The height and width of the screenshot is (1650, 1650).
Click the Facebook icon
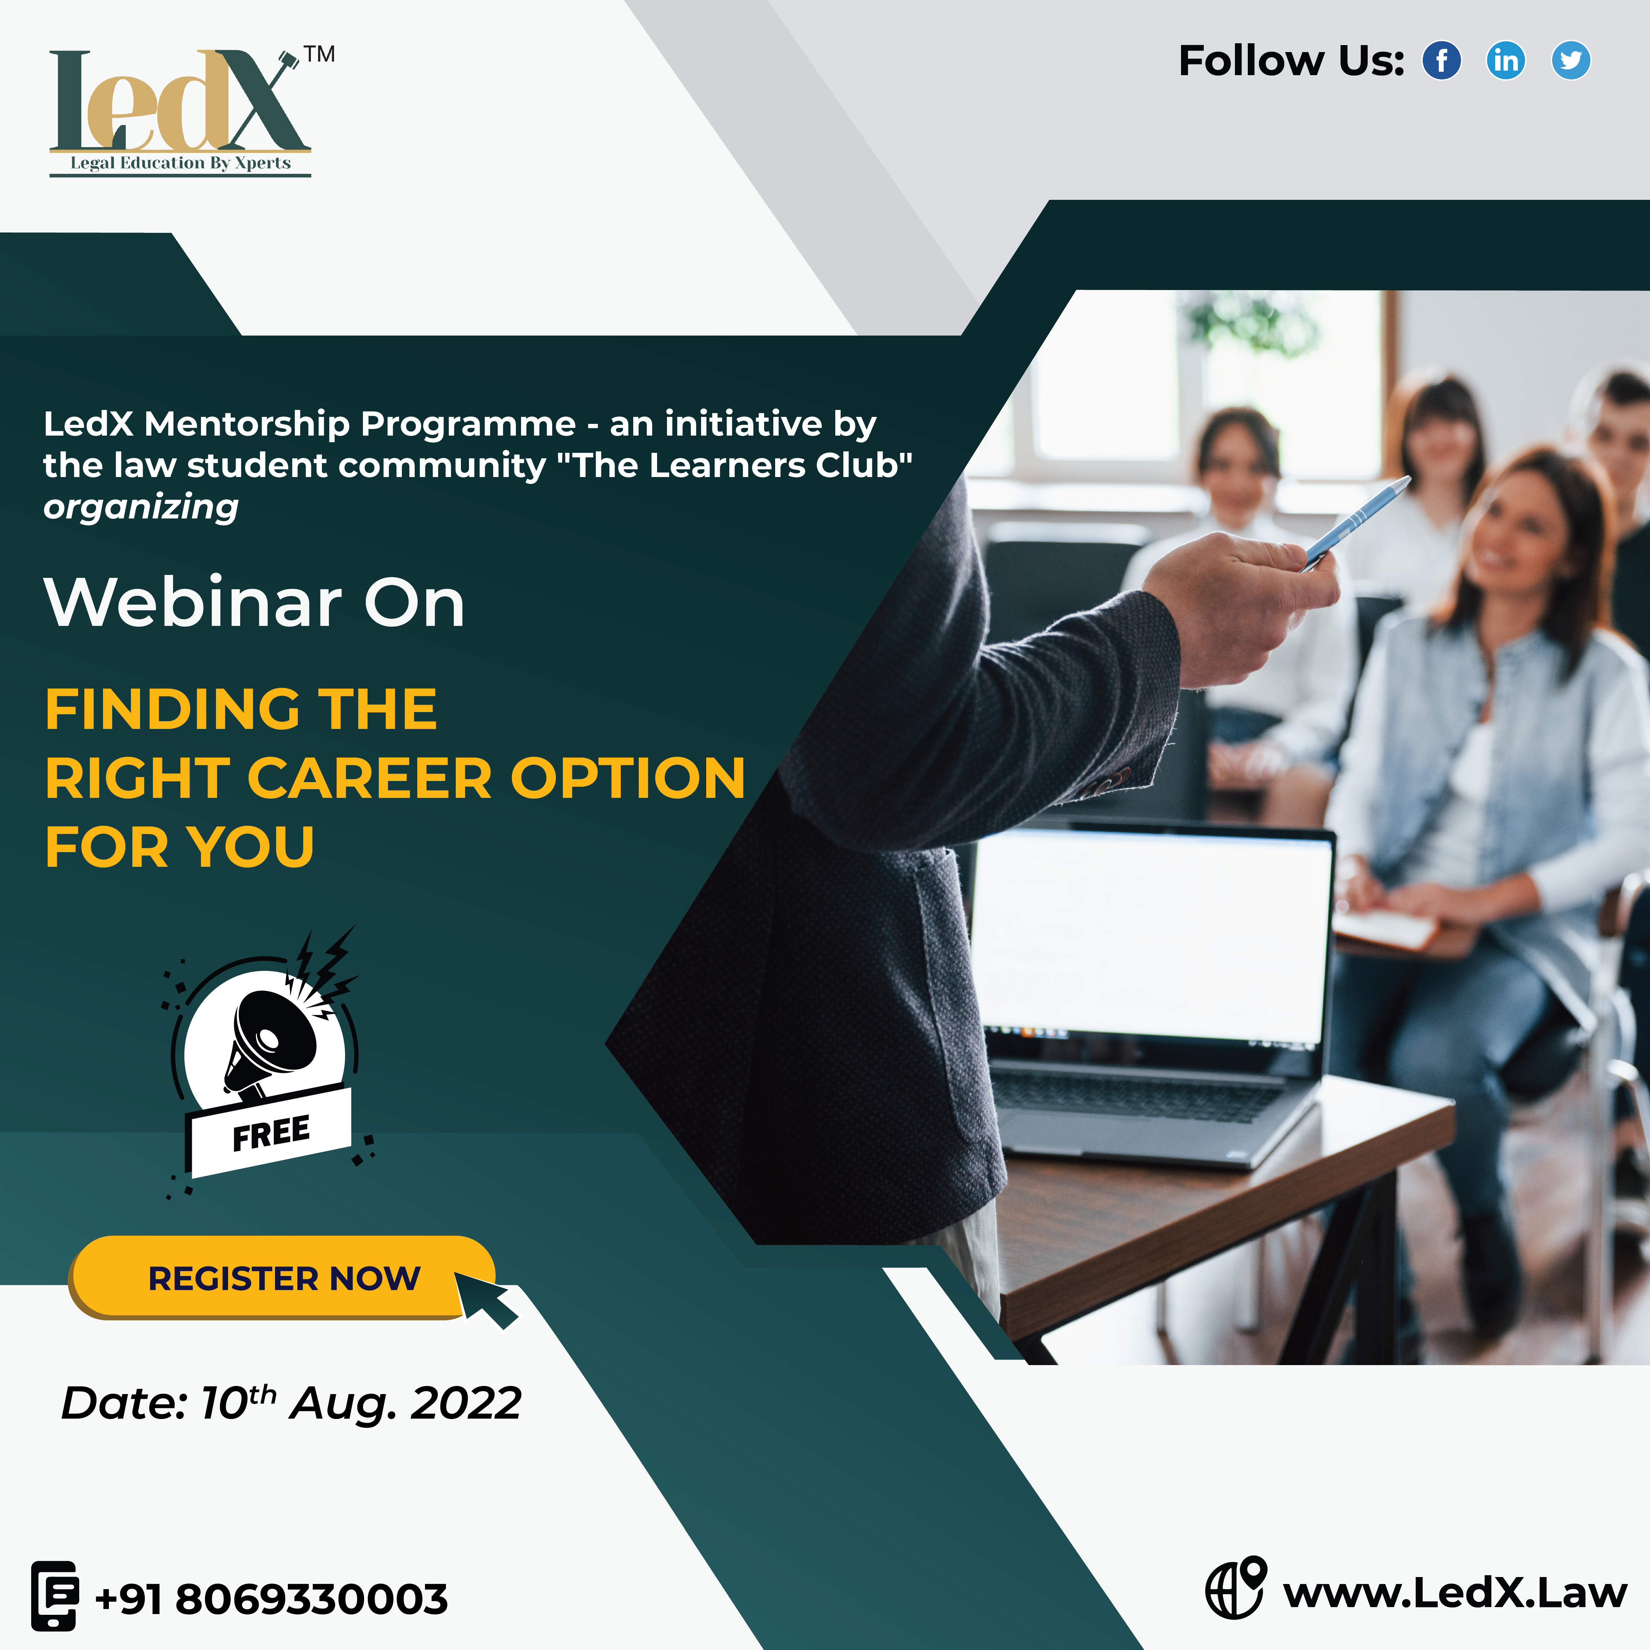coord(1442,60)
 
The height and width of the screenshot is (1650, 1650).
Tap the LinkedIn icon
coord(1506,60)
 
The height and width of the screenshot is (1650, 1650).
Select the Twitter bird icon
coord(1570,60)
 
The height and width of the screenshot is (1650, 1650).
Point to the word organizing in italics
coord(141,507)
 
